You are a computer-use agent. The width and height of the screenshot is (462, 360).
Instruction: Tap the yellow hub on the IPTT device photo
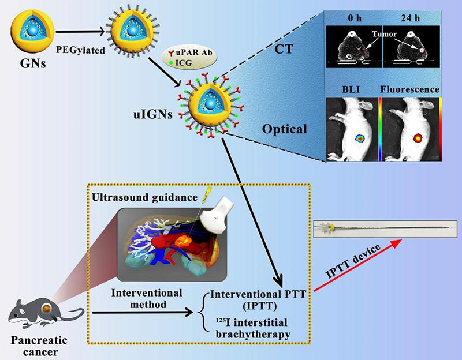pyautogui.click(x=335, y=228)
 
